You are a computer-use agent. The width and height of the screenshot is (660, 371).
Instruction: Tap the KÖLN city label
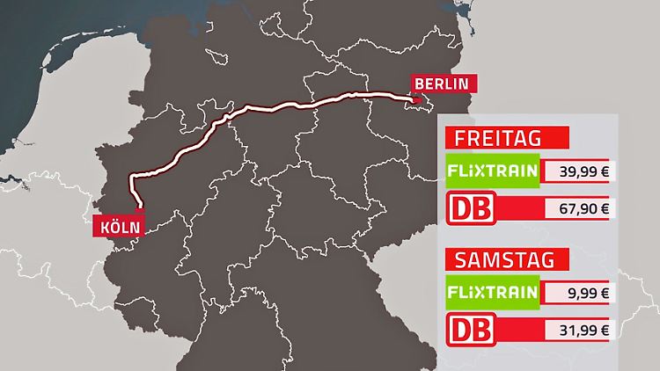coord(117,226)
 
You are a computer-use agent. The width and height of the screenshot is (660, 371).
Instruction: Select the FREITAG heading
coord(497,138)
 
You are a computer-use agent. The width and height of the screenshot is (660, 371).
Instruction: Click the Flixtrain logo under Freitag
coord(492,170)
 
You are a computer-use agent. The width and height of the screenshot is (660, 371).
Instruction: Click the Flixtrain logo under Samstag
coord(492,292)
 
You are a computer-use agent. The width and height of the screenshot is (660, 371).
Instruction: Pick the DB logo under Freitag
coord(470,208)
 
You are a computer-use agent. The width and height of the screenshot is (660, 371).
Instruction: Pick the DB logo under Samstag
coord(470,331)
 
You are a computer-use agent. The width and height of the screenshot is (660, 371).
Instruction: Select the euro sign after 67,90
coord(604,208)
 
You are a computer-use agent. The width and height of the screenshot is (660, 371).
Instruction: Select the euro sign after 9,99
coord(604,294)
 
